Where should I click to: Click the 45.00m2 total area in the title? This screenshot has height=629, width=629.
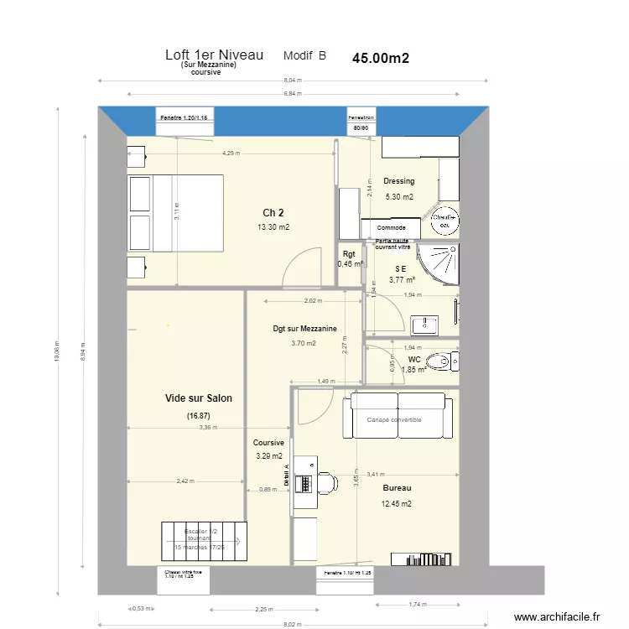[x=381, y=58]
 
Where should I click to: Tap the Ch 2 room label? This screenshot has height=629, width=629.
[x=273, y=212]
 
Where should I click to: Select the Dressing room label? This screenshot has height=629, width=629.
[x=398, y=181]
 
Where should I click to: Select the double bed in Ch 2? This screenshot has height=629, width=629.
[x=174, y=212]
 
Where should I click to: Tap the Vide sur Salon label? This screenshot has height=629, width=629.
[x=199, y=398]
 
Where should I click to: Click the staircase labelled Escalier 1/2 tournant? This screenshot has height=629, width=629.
[x=205, y=541]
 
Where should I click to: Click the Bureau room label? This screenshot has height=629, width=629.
[x=397, y=486]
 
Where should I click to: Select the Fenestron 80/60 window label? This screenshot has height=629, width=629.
[x=361, y=123]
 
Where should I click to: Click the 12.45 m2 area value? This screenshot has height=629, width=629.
[x=397, y=504]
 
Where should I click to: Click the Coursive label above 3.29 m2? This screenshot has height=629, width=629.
[x=269, y=443]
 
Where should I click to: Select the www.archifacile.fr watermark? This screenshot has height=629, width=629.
[x=558, y=617]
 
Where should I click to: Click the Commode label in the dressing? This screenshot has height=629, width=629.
[x=392, y=228]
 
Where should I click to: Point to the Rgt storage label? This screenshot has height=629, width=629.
[x=349, y=253]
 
